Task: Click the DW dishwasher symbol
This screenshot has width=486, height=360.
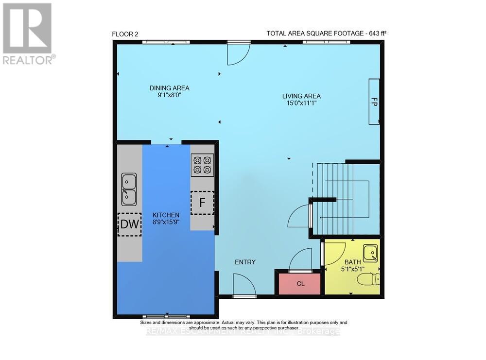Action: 129,224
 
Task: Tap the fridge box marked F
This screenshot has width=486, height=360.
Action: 202,203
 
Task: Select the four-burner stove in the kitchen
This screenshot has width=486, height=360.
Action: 202,165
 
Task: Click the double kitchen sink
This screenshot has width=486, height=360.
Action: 129,189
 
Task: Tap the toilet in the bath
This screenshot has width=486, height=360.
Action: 368,279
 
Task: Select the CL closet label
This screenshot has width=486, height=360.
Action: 300,284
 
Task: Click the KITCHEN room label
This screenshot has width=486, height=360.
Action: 166,215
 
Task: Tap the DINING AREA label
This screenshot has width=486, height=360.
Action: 169,88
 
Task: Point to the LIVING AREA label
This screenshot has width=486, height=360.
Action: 301,96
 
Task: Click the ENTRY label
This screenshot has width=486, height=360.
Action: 245,262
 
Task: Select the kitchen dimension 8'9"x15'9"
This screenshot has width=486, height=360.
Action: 166,222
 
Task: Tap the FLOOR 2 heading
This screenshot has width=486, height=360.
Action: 125,34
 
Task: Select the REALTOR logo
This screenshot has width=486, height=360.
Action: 28,34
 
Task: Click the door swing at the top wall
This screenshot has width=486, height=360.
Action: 238,53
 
